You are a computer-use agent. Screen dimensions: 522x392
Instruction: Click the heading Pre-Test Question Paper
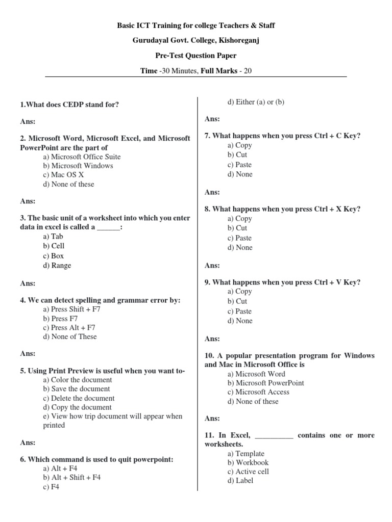click(196, 56)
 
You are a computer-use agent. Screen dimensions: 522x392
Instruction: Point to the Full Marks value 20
click(248, 70)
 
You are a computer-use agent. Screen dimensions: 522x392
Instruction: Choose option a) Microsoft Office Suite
click(82, 157)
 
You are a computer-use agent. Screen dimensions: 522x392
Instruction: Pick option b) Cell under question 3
click(54, 246)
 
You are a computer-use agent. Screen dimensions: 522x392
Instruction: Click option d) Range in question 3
click(57, 266)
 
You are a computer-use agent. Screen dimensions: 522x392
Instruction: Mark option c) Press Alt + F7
click(69, 328)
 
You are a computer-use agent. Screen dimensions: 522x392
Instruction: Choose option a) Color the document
click(78, 380)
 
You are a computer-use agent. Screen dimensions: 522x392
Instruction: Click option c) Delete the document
click(79, 398)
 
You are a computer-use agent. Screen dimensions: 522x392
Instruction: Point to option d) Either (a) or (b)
click(256, 102)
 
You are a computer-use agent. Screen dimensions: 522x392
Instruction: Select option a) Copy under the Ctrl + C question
click(240, 145)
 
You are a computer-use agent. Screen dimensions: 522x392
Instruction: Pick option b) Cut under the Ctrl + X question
click(237, 228)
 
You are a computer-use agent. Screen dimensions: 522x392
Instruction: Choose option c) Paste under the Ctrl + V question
click(239, 311)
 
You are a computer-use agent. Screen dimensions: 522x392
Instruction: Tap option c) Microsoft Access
click(258, 392)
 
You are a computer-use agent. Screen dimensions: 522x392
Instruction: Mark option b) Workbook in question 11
click(248, 463)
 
